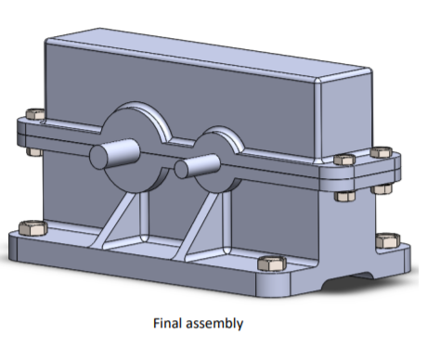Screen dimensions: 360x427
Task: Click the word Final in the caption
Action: [x=168, y=324]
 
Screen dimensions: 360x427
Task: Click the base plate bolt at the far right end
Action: [x=384, y=243]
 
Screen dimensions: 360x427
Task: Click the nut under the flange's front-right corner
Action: [x=341, y=195]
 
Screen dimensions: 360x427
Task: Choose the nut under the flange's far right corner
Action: [x=382, y=188]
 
